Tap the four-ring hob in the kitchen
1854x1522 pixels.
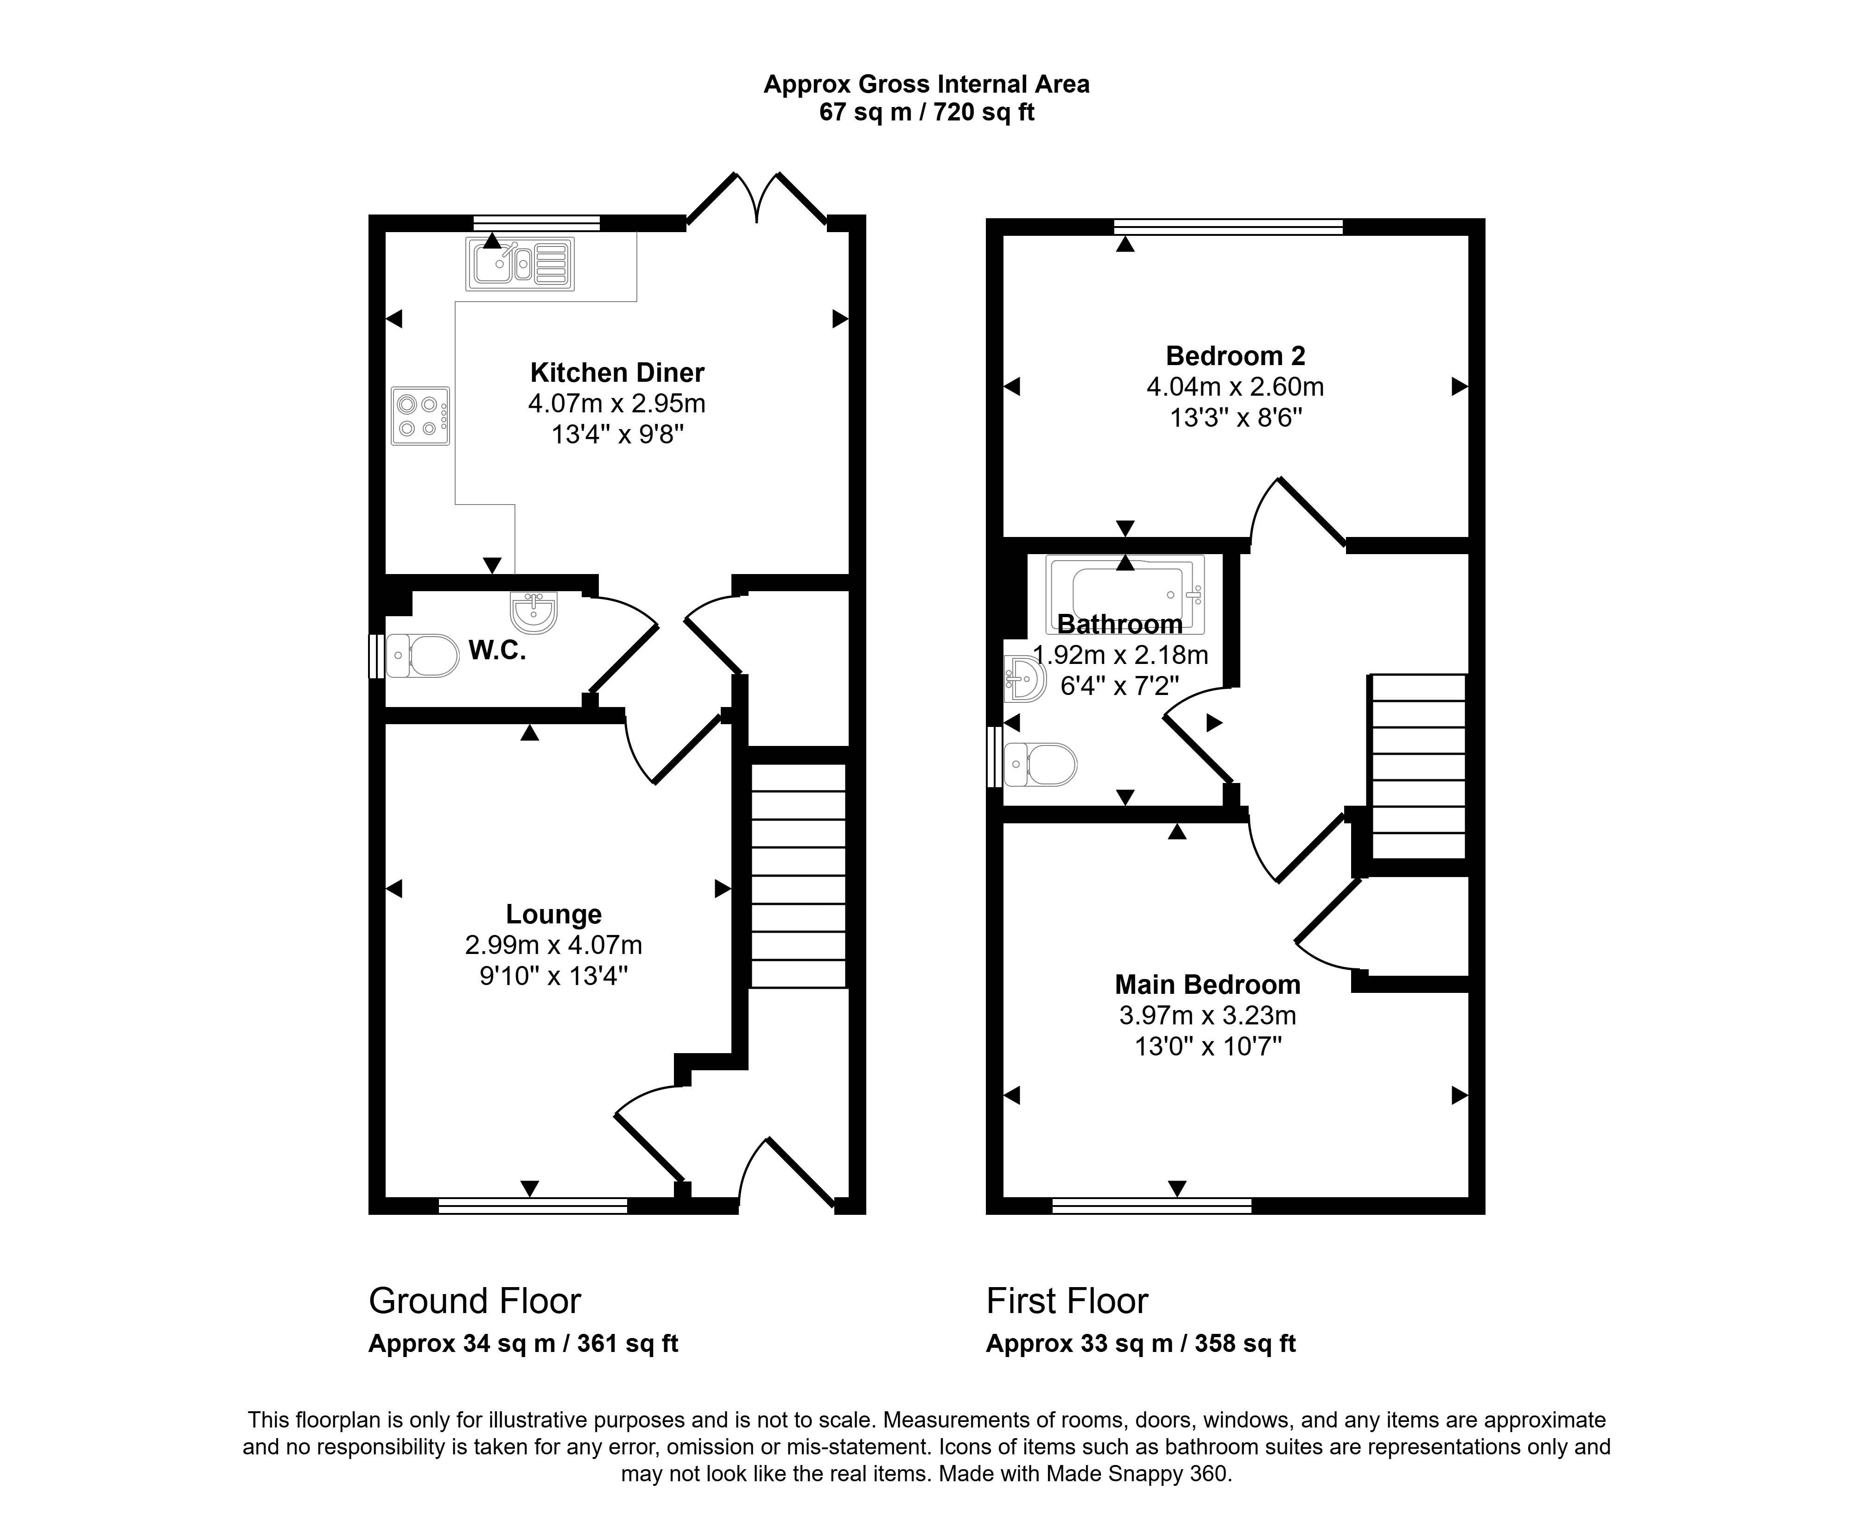click(421, 417)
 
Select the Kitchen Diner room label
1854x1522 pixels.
click(617, 373)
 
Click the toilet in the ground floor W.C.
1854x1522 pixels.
click(423, 656)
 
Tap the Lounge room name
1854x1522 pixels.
click(553, 915)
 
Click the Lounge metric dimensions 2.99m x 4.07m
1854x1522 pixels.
click(553, 945)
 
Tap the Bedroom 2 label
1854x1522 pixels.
click(1236, 356)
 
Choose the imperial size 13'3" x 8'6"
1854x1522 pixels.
click(1236, 417)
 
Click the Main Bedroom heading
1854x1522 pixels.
click(1207, 985)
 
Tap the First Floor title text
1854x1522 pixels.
click(1067, 1301)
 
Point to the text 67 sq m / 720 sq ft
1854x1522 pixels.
click(927, 112)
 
